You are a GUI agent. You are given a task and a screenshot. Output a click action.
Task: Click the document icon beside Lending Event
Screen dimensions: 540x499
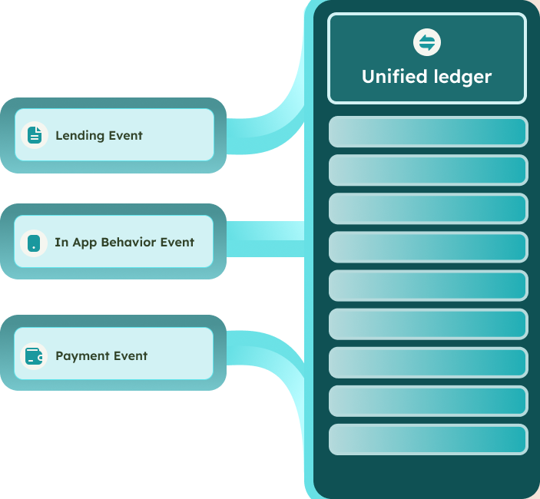[x=35, y=135]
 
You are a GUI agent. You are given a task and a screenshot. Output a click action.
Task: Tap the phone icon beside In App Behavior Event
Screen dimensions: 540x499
[x=34, y=243]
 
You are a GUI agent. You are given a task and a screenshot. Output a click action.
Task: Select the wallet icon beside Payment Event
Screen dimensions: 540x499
[x=34, y=356]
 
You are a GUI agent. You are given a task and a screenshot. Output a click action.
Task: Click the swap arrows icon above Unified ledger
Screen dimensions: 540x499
[x=426, y=42]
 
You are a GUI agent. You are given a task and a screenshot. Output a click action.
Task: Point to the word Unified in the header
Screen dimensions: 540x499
[x=395, y=76]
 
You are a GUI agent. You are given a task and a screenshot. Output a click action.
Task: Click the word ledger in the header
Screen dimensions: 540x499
[x=462, y=77]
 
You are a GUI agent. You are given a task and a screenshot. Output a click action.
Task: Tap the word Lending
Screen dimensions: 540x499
[x=80, y=136]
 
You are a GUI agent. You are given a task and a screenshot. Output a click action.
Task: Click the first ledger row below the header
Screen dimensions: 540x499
[x=429, y=132]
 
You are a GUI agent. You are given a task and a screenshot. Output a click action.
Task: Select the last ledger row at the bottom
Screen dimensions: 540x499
[x=429, y=439]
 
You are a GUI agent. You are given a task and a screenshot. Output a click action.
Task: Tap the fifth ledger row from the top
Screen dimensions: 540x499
[x=429, y=286]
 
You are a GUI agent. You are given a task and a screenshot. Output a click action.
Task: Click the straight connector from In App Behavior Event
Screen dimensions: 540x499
[x=266, y=239]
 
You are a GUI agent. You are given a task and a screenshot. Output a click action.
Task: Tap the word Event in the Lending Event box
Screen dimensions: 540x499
[x=125, y=135]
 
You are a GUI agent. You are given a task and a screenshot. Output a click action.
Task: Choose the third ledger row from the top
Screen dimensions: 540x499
[x=429, y=209]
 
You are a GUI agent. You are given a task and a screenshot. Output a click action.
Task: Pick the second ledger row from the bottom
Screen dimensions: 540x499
[x=429, y=401]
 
